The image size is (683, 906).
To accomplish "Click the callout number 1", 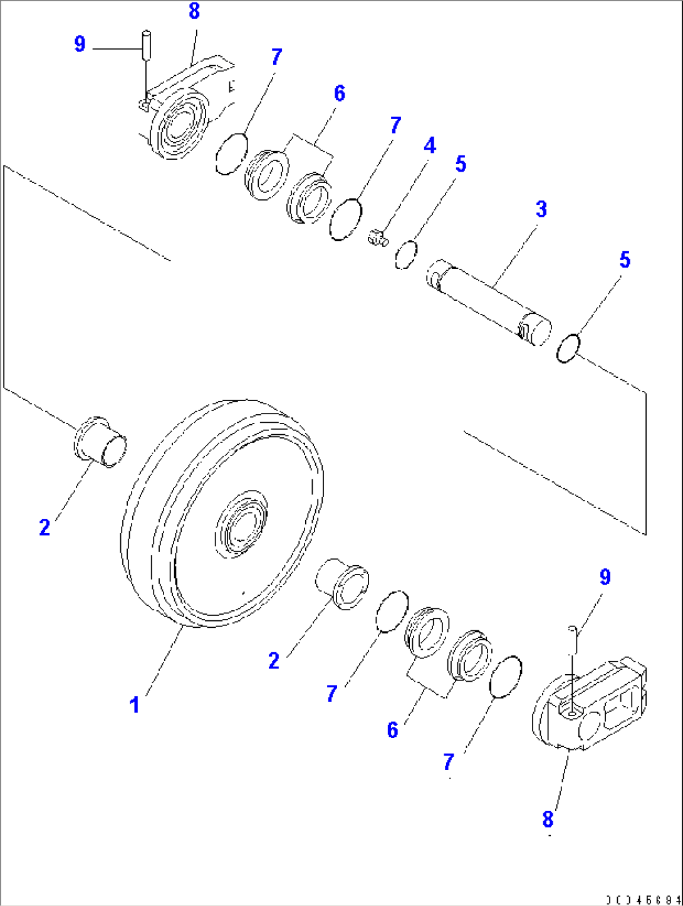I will [134, 705].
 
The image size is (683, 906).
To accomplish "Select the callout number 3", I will [541, 209].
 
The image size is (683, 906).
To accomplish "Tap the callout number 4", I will [429, 146].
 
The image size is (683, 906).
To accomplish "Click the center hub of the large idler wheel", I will [240, 524].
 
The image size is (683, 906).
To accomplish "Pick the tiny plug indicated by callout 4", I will [377, 237].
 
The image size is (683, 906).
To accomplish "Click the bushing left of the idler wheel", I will [100, 442].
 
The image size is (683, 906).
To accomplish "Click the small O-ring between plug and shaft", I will [406, 254].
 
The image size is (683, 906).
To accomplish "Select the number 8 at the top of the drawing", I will [194, 11].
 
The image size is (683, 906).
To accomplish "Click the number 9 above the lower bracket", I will [605, 577].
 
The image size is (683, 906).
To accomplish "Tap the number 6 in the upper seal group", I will [339, 93].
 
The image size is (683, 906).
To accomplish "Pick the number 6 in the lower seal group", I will [393, 730].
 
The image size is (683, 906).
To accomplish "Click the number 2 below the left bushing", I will [44, 527].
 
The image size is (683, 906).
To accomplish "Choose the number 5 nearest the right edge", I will [625, 260].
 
